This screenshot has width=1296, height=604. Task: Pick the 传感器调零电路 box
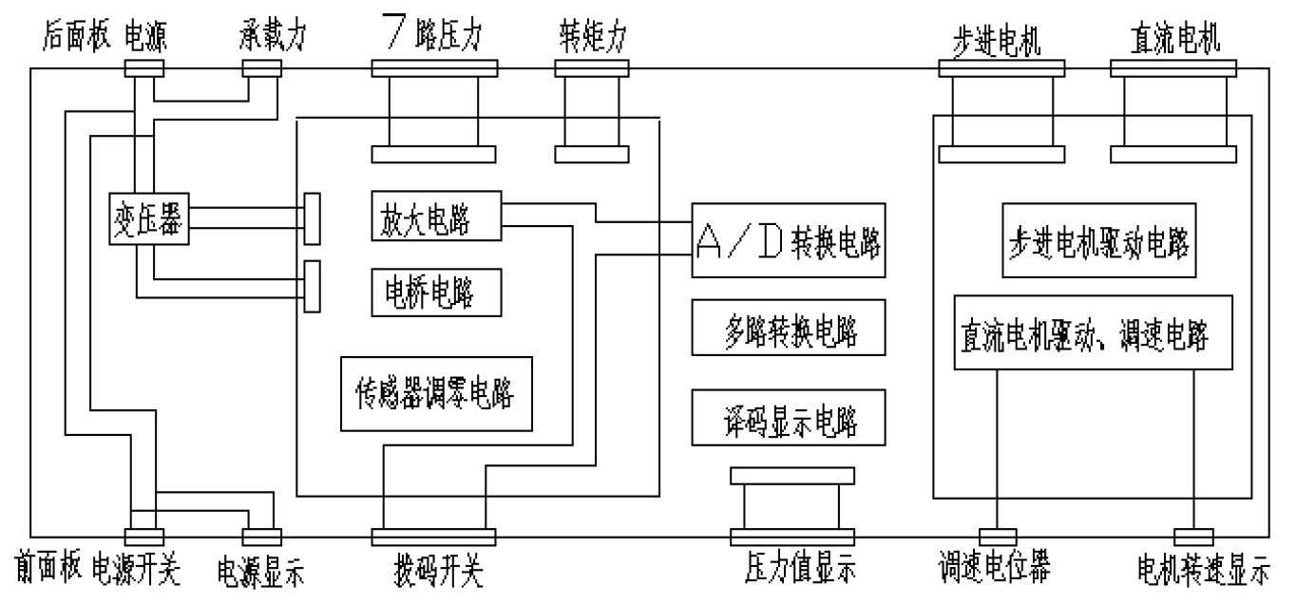[x=436, y=394]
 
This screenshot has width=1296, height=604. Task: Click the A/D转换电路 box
[x=788, y=240]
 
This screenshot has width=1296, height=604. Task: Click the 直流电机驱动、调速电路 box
[x=1093, y=332]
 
